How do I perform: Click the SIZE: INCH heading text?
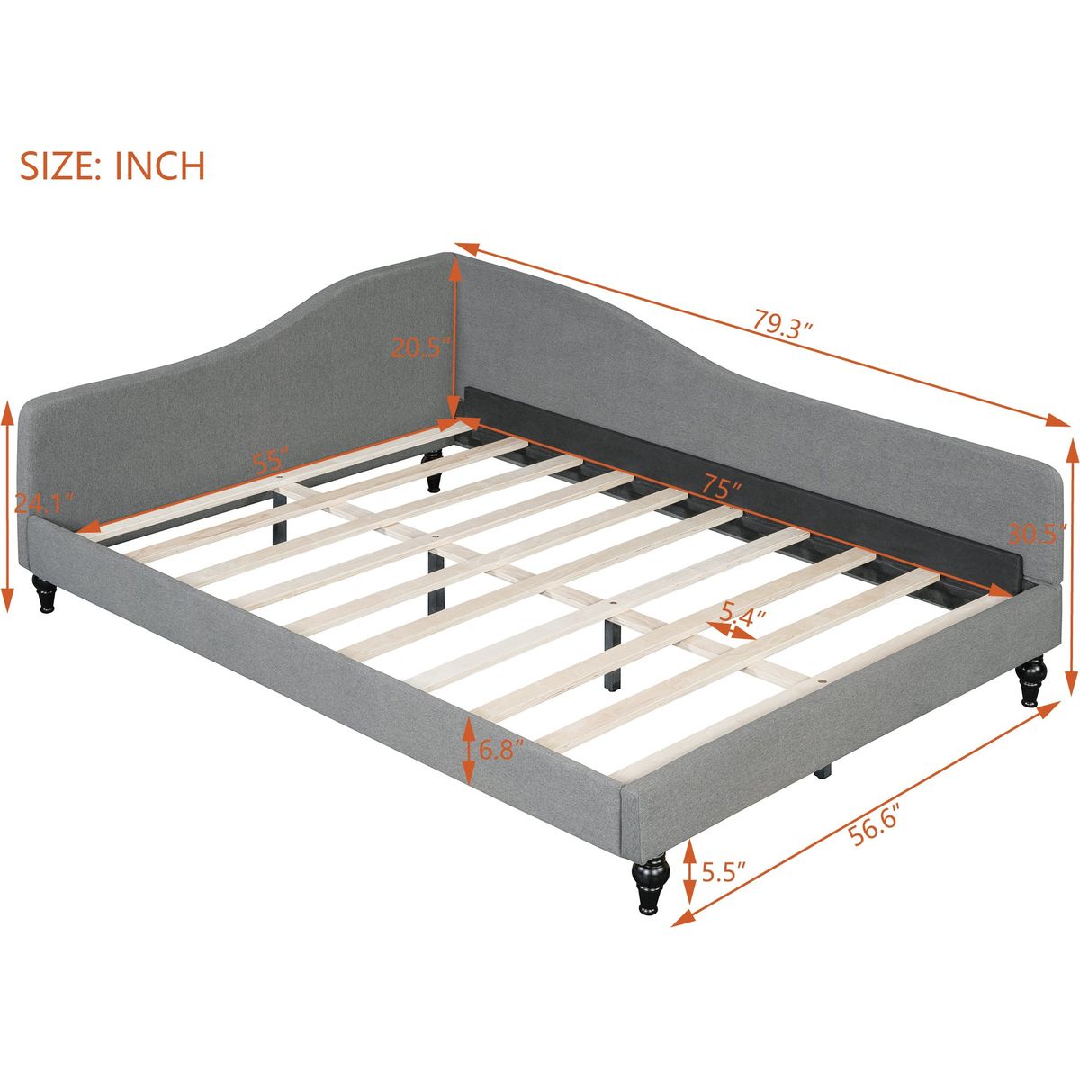coord(112,166)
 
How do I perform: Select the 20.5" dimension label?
coord(421,347)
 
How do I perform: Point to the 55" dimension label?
coord(270,461)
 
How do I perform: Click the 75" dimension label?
coord(722,488)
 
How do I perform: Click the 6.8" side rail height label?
coord(501,749)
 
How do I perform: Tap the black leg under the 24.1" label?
coord(44,592)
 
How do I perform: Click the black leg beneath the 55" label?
coord(432,472)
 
